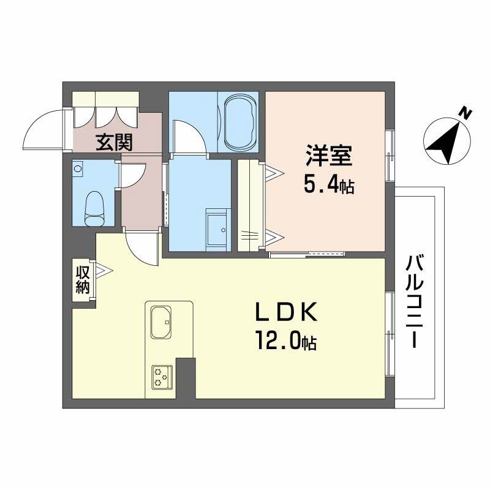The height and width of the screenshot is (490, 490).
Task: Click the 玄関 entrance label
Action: pos(114,143)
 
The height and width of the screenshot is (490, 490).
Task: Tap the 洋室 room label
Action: pos(329,156)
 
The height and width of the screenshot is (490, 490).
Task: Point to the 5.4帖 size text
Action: pos(329,186)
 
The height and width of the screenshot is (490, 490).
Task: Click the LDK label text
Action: pos(287,312)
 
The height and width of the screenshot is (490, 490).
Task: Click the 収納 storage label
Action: pos(83,280)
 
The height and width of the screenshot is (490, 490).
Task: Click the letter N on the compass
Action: pos(466,114)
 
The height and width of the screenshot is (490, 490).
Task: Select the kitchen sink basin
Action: pos(161,322)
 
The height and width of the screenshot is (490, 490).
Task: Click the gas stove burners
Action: pos(162,377)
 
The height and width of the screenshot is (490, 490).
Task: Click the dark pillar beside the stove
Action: pos(186,378)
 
